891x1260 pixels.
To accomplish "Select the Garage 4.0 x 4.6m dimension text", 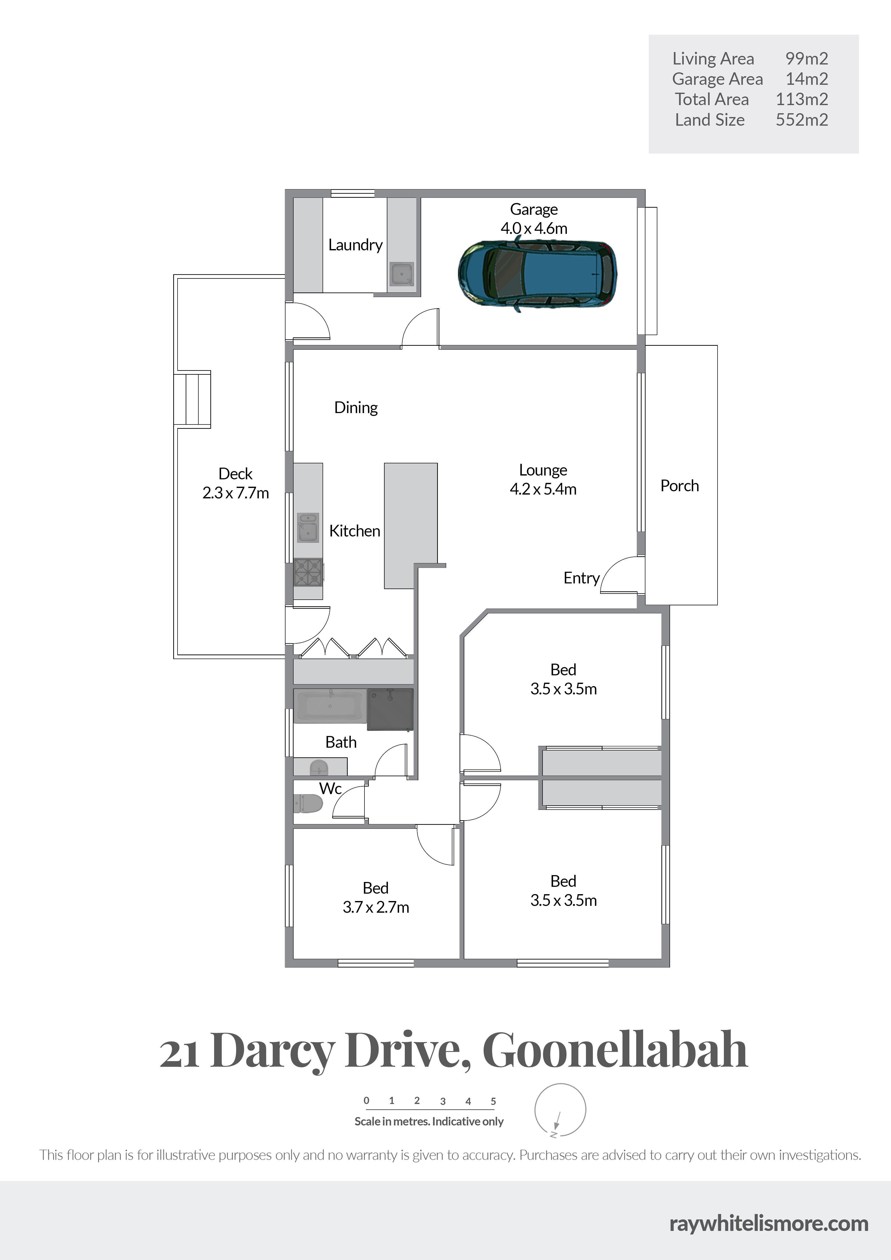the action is [x=534, y=228].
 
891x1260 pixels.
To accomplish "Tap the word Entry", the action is [x=581, y=578].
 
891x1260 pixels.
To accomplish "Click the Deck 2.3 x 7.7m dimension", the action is [x=235, y=493].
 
